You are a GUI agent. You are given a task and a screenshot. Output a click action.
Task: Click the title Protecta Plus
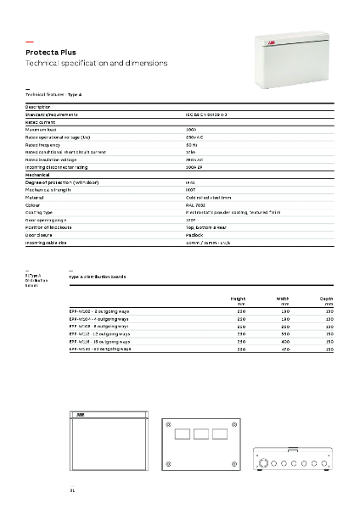(48, 52)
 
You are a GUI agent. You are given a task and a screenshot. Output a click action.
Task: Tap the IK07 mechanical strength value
(190, 165)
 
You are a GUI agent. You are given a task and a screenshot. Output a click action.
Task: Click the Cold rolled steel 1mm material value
(207, 173)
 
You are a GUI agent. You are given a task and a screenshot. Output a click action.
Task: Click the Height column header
(238, 299)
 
